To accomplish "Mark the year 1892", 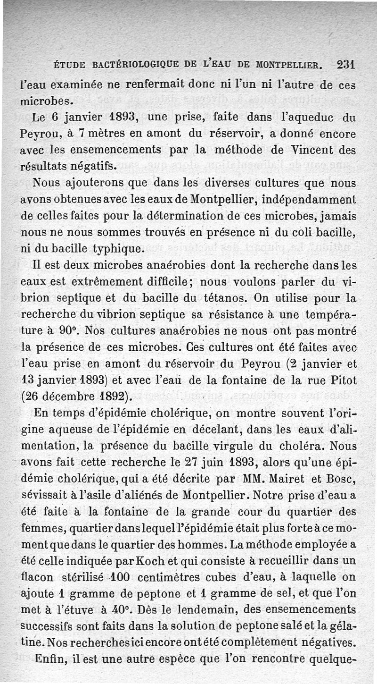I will (109, 397).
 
